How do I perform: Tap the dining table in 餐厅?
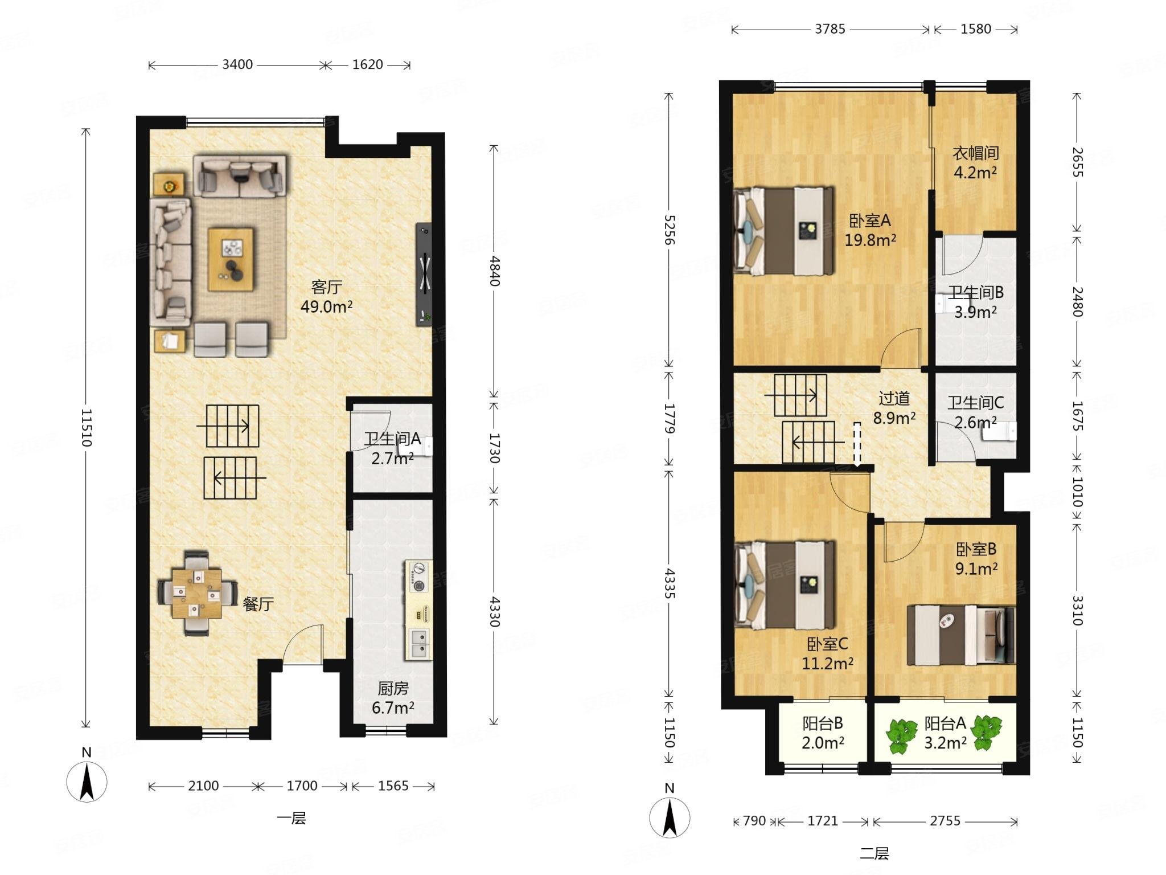click(197, 593)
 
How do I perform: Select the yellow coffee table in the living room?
click(231, 259)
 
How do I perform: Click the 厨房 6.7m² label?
click(393, 698)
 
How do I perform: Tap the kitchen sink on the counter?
click(418, 643)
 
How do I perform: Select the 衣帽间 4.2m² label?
click(976, 162)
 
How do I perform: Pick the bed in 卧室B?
click(961, 635)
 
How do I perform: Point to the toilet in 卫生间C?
click(999, 431)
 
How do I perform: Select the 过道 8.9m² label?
click(894, 408)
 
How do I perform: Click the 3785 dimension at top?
click(830, 28)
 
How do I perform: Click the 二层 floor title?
click(874, 853)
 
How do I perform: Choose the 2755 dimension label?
click(945, 821)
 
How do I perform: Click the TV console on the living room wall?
click(425, 274)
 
